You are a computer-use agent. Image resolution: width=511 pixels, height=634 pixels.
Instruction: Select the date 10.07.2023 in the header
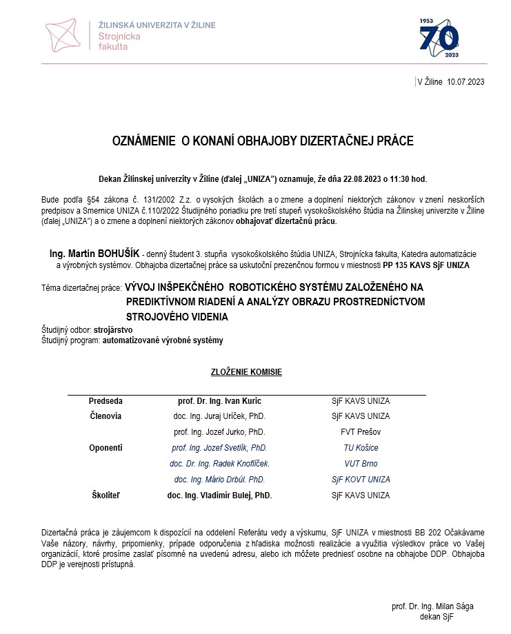465,81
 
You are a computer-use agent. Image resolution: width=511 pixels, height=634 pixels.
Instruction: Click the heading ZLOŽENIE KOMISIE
246,372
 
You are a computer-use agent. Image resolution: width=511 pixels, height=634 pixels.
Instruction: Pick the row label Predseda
106,400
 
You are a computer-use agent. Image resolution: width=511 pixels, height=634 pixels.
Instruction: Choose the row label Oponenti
106,448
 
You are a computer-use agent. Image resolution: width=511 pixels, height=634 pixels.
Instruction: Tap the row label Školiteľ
106,495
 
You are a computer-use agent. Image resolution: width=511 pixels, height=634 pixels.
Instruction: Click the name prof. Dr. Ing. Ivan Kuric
219,400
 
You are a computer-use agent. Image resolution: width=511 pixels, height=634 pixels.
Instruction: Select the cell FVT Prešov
361,432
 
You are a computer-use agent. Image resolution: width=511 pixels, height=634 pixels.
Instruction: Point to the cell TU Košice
361,448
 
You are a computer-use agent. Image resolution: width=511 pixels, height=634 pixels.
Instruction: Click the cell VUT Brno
361,464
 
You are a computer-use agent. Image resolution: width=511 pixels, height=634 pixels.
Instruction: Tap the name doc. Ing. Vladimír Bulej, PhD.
219,495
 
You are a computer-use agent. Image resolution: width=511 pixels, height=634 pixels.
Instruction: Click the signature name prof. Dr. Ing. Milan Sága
432,606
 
